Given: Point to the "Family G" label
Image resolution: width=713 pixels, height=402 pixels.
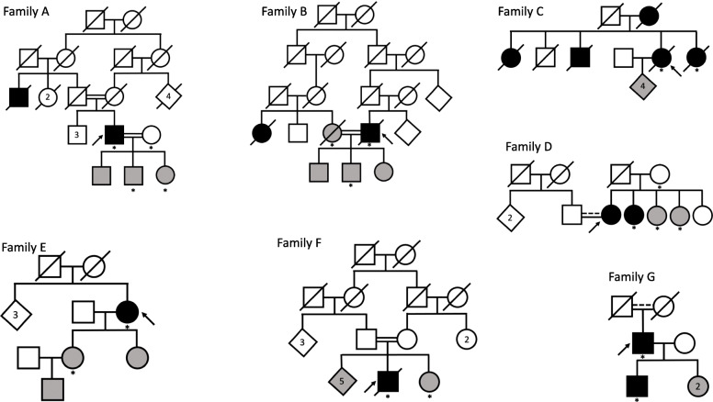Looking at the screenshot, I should (634, 276).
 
